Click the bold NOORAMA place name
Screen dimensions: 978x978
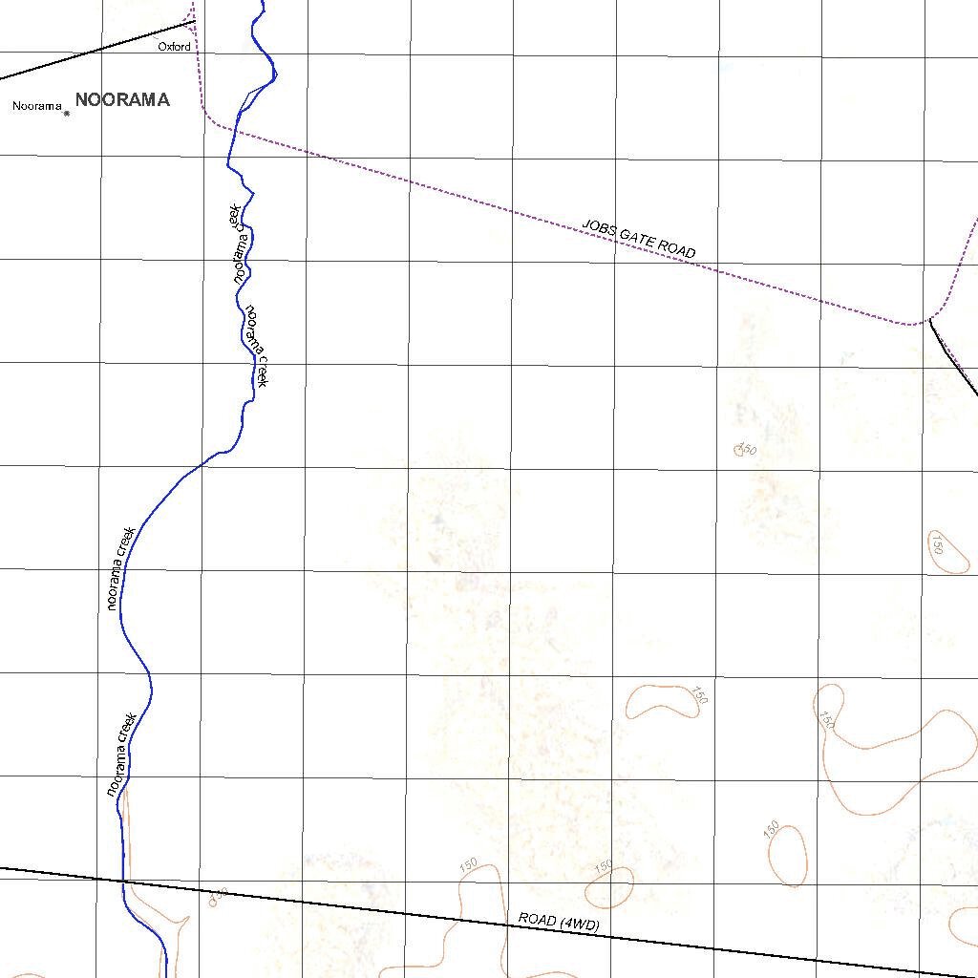point(122,99)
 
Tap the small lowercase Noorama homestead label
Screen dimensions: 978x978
point(37,106)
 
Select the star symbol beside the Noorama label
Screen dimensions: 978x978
point(67,114)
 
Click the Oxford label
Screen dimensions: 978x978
point(174,46)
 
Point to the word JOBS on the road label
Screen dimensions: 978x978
point(600,229)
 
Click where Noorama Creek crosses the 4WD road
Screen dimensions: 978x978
point(123,881)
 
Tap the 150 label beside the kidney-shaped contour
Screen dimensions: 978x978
point(700,695)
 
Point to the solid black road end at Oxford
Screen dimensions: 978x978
point(194,21)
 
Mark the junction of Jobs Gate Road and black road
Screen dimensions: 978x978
point(929,320)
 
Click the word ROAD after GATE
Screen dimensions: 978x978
point(680,249)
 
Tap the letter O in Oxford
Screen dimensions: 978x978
point(161,46)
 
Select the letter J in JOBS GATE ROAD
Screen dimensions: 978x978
point(586,225)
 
